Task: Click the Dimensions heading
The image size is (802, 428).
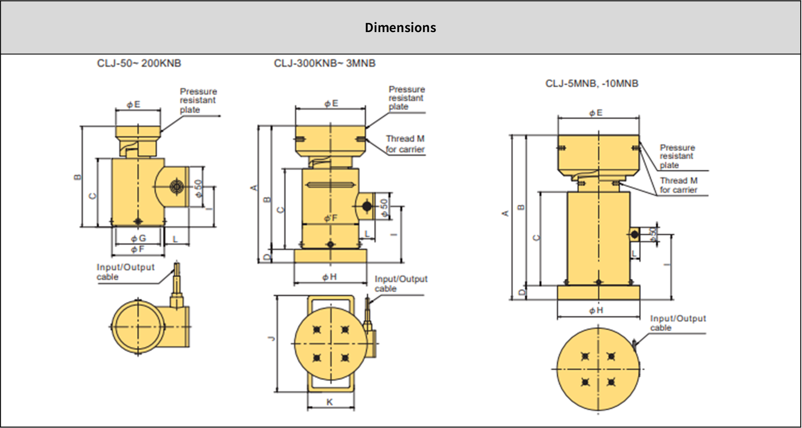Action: tap(401, 27)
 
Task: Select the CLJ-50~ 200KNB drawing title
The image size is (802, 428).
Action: tap(139, 63)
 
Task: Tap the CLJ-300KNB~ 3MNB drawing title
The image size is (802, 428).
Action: tap(324, 63)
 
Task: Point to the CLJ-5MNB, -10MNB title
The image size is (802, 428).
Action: tap(591, 83)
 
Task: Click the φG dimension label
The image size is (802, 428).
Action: tap(138, 238)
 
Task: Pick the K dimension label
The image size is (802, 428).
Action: tap(330, 402)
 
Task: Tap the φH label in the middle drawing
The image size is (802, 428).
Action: tap(330, 277)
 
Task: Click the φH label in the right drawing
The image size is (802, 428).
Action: tap(596, 310)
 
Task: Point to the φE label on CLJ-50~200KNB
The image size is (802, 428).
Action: tap(134, 104)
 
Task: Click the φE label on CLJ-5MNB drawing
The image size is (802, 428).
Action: tap(596, 113)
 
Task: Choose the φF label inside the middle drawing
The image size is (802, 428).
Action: tap(330, 218)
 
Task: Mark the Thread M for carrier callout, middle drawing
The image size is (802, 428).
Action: tap(405, 144)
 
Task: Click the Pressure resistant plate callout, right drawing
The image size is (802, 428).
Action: tap(677, 156)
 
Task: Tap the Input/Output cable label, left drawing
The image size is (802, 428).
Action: tap(125, 272)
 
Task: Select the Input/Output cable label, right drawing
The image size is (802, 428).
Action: tap(677, 323)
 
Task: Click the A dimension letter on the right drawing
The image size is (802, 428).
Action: tap(505, 213)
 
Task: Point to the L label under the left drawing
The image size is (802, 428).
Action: tap(175, 239)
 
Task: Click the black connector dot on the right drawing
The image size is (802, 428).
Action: tap(635, 234)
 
